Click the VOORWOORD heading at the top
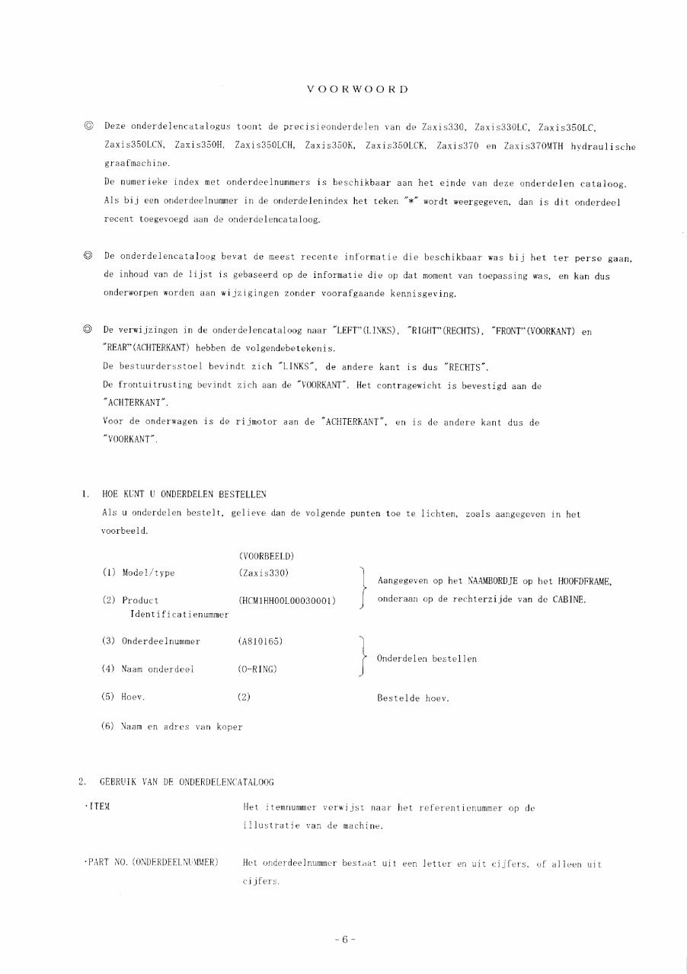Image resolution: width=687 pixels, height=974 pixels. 357,90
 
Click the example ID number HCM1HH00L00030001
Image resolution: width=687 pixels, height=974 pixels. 287,600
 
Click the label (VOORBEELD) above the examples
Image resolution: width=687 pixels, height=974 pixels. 267,556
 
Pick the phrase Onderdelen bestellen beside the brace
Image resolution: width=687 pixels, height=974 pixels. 427,659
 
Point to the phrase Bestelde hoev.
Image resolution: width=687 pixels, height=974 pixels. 413,698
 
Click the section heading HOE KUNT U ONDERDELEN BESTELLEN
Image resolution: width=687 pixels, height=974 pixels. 184,494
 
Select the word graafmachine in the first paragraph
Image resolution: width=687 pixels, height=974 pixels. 127,163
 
